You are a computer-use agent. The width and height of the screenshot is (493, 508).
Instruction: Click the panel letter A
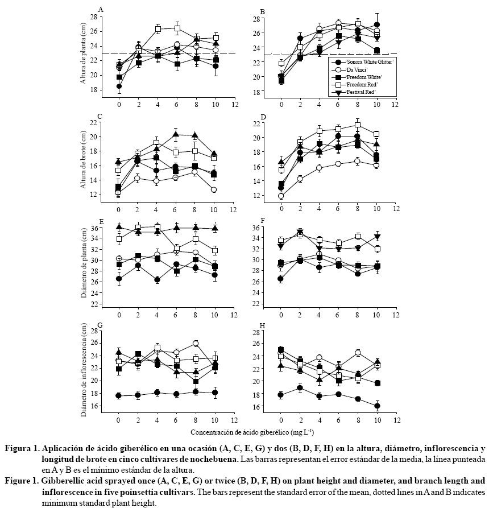pos(101,9)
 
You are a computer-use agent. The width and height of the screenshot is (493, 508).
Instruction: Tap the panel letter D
pos(263,117)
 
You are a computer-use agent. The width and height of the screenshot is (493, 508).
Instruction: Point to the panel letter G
pos(101,325)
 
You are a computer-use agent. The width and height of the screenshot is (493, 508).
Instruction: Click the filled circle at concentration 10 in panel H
pos(377,406)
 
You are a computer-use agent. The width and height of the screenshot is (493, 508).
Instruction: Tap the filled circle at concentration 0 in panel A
pos(119,86)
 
